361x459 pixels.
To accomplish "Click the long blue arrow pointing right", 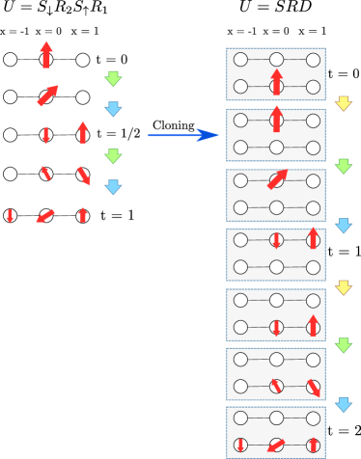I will point(183,136).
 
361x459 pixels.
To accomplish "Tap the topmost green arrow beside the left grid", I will point(113,78).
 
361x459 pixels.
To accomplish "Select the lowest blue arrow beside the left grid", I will point(113,186).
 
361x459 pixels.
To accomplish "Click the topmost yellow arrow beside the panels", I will point(343,103).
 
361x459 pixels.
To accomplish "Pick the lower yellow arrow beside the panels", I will point(343,287).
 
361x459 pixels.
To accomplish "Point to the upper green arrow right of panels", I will point(343,166).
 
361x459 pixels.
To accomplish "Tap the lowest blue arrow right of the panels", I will point(343,404).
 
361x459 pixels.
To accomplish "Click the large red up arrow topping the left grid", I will point(46,54).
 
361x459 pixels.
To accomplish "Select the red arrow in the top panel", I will point(277,81).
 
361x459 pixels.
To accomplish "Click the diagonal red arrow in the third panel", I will point(277,179).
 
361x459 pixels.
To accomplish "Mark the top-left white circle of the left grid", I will point(10,60).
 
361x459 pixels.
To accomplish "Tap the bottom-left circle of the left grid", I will point(10,215).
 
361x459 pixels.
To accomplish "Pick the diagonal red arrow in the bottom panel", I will point(277,445).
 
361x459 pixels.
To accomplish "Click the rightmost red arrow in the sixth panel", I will point(314,388).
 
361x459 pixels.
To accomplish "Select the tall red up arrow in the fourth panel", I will point(313,237).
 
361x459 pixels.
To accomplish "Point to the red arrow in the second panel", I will point(277,119).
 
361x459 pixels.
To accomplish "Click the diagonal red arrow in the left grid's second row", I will point(47,96).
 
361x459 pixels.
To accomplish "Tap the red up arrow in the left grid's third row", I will point(83,132).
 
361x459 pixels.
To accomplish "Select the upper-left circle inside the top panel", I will point(240,60).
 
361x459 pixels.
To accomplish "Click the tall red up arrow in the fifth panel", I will point(313,325).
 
